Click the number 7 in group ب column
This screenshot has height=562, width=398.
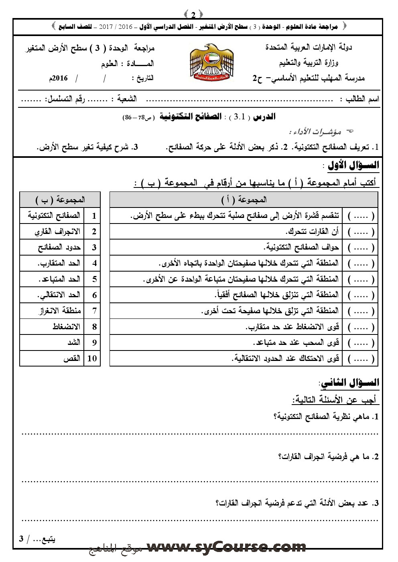[x=94, y=311]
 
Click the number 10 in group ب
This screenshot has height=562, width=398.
[x=92, y=359]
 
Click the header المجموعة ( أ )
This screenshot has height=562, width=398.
[x=244, y=199]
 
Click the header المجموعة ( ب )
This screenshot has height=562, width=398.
[x=60, y=199]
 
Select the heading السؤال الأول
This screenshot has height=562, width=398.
[x=353, y=165]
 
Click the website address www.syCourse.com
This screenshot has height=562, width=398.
[x=226, y=547]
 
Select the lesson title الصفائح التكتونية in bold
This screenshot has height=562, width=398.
[x=191, y=117]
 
